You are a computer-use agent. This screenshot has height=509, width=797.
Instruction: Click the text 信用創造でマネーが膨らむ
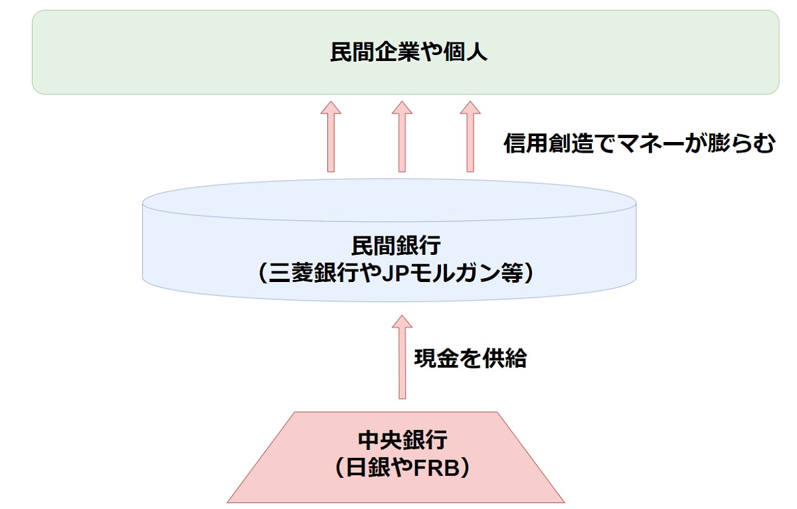tap(639, 143)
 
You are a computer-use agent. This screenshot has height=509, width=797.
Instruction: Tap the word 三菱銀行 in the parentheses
tap(311, 273)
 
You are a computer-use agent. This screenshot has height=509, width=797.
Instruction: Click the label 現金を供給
tap(470, 358)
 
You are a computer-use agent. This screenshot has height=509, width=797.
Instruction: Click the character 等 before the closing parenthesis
tap(513, 273)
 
